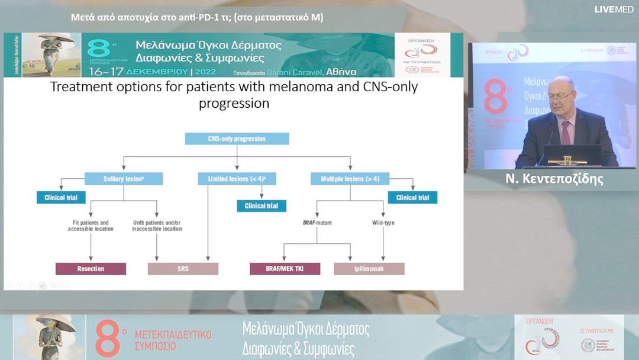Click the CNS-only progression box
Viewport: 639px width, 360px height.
pyautogui.click(x=237, y=139)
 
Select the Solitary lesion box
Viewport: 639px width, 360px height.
pyautogui.click(x=124, y=179)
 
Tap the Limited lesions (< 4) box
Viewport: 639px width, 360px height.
pyautogui.click(x=237, y=179)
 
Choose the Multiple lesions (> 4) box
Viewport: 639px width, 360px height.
pyautogui.click(x=350, y=179)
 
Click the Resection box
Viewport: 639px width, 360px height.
pyautogui.click(x=91, y=269)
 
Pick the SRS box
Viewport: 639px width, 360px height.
pyautogui.click(x=183, y=269)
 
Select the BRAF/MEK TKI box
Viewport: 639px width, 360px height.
pyautogui.click(x=285, y=269)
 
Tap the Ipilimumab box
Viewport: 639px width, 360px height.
pyautogui.click(x=369, y=269)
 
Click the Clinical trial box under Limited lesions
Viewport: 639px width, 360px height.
pyautogui.click(x=262, y=206)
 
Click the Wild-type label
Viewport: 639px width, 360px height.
pyautogui.click(x=382, y=223)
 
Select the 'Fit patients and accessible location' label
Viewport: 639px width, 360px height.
pyautogui.click(x=91, y=226)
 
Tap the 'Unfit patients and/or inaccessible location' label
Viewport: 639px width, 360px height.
pyautogui.click(x=157, y=226)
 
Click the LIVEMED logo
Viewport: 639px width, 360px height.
pyautogui.click(x=614, y=9)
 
